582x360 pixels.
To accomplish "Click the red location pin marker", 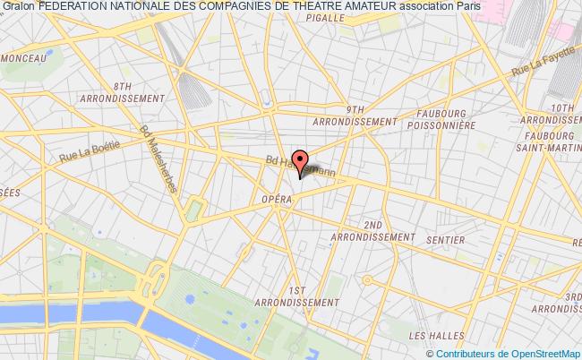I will (x=300, y=157).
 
